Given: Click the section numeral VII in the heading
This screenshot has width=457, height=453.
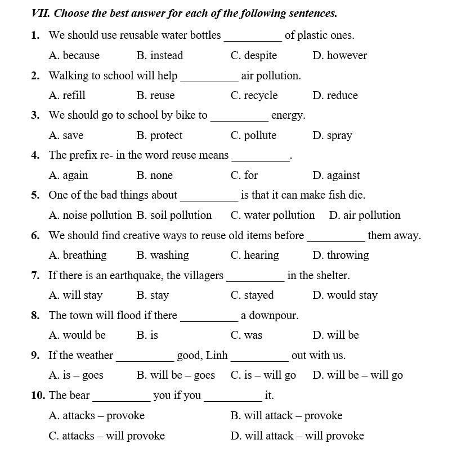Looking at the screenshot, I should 41,13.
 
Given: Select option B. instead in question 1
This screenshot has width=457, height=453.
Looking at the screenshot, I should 159,55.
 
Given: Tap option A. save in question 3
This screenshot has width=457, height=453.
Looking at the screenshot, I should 66,135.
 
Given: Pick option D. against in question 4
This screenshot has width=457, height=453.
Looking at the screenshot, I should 336,175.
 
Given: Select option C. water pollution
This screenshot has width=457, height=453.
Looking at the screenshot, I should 272,215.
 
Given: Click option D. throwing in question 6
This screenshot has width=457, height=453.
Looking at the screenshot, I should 340,255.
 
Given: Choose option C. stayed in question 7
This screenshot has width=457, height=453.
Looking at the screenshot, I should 252,295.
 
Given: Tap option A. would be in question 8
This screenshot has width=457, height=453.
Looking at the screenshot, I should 77,335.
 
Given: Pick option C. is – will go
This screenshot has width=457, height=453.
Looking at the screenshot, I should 263,375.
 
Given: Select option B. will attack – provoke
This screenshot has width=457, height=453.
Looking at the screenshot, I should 286,415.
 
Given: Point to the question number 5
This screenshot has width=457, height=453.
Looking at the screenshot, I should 35,195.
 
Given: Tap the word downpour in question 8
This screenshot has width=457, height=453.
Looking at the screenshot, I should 270,315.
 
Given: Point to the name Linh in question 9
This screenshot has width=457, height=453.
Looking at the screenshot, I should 217,355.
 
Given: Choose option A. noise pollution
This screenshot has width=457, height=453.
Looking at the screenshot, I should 90,215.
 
